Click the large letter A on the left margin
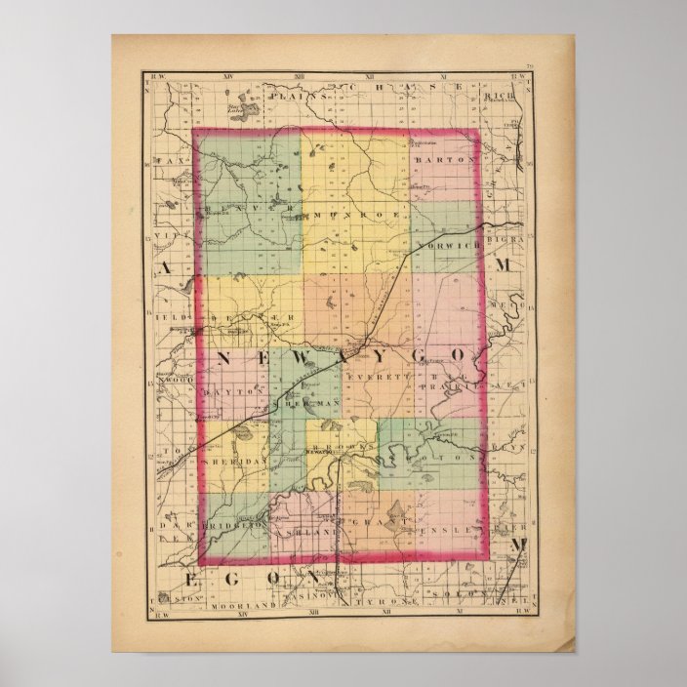(169, 268)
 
